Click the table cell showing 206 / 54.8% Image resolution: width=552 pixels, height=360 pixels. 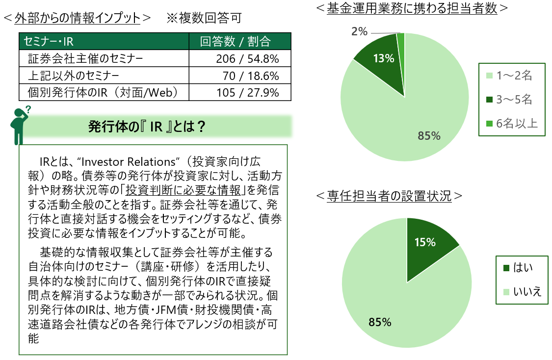click(240, 59)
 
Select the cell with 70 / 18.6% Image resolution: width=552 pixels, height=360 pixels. click(240, 76)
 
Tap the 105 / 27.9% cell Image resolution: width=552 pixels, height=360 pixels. click(240, 93)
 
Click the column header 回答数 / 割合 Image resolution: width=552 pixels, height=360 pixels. click(240, 41)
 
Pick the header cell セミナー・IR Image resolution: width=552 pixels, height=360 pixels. click(104, 41)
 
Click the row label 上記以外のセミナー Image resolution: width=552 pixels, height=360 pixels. click(74, 76)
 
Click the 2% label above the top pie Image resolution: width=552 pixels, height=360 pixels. click(359, 32)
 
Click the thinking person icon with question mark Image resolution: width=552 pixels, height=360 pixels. click(19, 125)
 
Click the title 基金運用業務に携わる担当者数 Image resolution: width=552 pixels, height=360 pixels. click(412, 8)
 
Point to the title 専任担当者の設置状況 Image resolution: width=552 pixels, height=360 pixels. click(389, 196)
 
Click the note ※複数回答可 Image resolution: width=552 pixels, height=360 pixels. click(204, 19)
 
